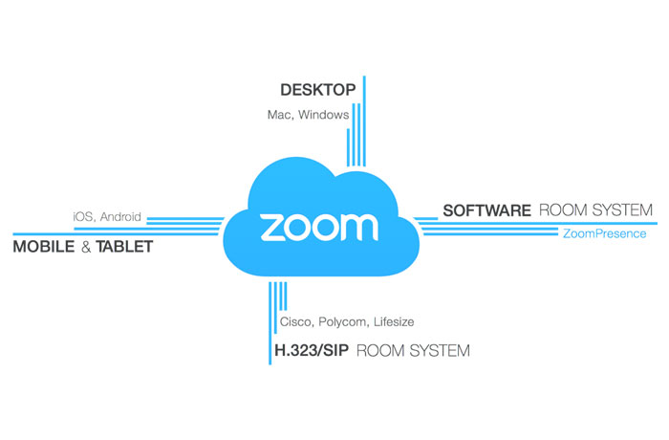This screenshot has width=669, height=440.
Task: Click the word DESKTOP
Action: click(x=317, y=91)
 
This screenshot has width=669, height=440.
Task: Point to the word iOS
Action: click(x=83, y=217)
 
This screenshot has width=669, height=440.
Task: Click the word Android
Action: click(x=120, y=217)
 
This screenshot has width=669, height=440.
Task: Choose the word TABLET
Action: click(x=123, y=247)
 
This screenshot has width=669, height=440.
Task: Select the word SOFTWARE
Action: click(x=486, y=209)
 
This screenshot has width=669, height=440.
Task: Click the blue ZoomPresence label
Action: click(x=605, y=233)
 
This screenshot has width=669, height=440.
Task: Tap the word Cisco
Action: click(x=295, y=322)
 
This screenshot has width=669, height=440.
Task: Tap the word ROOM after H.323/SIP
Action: click(x=381, y=351)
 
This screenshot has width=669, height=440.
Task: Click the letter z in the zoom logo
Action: click(x=271, y=227)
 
